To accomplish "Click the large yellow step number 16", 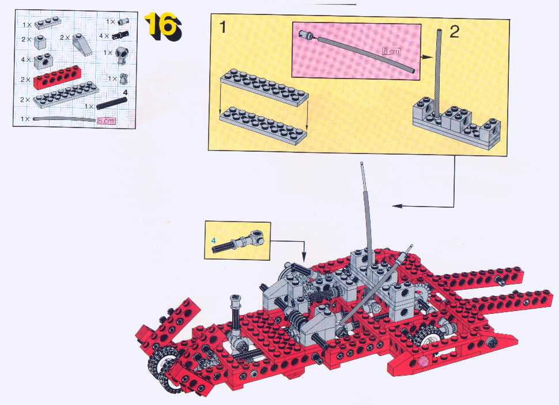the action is (x=164, y=26).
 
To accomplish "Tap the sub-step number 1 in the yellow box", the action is (x=223, y=27).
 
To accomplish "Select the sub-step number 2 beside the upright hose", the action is (x=454, y=32).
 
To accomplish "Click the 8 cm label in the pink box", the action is (x=391, y=51).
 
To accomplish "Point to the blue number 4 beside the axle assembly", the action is (x=214, y=241).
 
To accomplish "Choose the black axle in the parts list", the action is (x=112, y=103).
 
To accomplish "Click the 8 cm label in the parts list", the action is (x=106, y=121).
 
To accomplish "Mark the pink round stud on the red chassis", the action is (x=424, y=362).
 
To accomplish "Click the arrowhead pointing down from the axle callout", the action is (x=304, y=257).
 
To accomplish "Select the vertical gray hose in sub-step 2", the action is (x=438, y=73).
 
